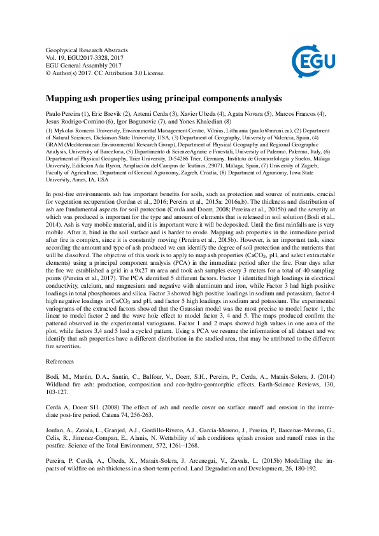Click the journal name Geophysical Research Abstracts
point(87,50)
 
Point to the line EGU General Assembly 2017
point(84,66)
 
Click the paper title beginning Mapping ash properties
point(163,99)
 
